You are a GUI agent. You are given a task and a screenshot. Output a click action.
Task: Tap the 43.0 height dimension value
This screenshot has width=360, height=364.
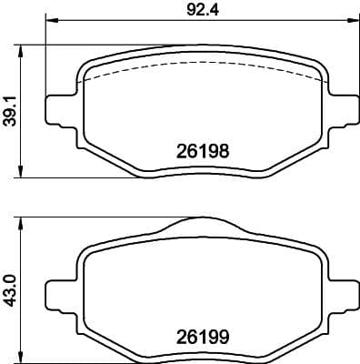(11, 286)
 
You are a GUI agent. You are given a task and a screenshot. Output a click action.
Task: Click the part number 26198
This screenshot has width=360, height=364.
(200, 153)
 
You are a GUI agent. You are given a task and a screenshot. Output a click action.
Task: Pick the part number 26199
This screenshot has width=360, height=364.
(200, 335)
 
